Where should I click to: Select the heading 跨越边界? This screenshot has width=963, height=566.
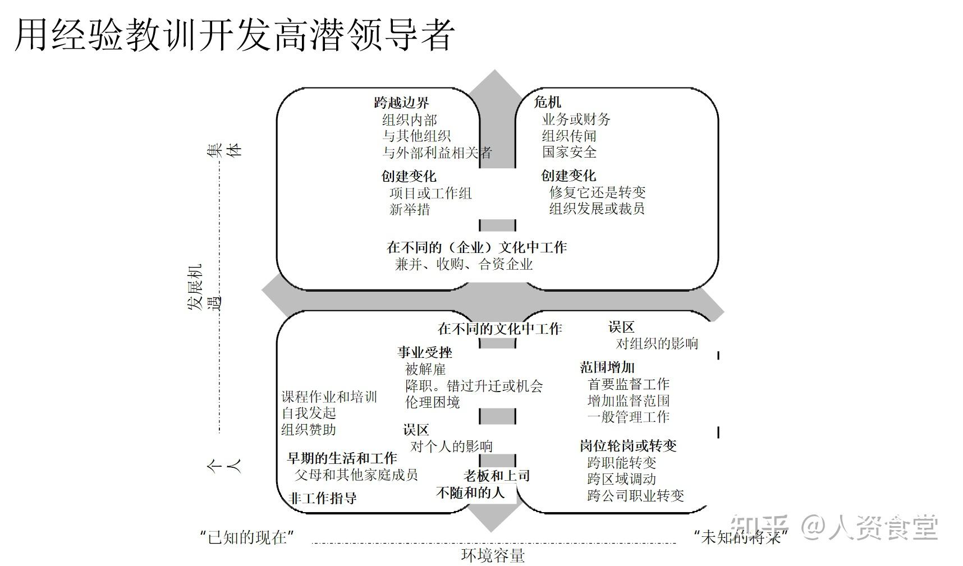[x=401, y=102]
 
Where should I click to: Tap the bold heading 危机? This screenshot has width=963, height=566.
[x=547, y=102]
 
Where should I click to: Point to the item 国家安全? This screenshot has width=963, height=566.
[x=569, y=152]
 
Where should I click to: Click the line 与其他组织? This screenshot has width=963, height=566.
[x=416, y=136]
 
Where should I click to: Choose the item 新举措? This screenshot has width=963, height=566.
[x=410, y=209]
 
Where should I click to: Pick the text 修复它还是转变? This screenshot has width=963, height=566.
[x=597, y=192]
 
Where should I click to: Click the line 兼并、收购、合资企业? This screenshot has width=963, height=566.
[x=464, y=264]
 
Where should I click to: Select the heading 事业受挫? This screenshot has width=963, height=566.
[x=425, y=352]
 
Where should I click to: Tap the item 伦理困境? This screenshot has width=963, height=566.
[x=432, y=402]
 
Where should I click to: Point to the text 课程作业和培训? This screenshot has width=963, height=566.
[x=329, y=397]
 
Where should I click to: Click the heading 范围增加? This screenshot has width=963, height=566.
[x=607, y=367]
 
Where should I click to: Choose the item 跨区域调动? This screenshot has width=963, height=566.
[x=622, y=479]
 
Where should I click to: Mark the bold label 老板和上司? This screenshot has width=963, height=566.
[x=497, y=476]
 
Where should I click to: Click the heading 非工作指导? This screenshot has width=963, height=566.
[x=322, y=498]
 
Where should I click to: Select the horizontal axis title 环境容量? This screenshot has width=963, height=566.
[x=493, y=555]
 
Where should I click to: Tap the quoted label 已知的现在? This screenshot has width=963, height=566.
[x=247, y=537]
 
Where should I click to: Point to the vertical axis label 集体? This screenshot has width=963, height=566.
[x=224, y=149]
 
